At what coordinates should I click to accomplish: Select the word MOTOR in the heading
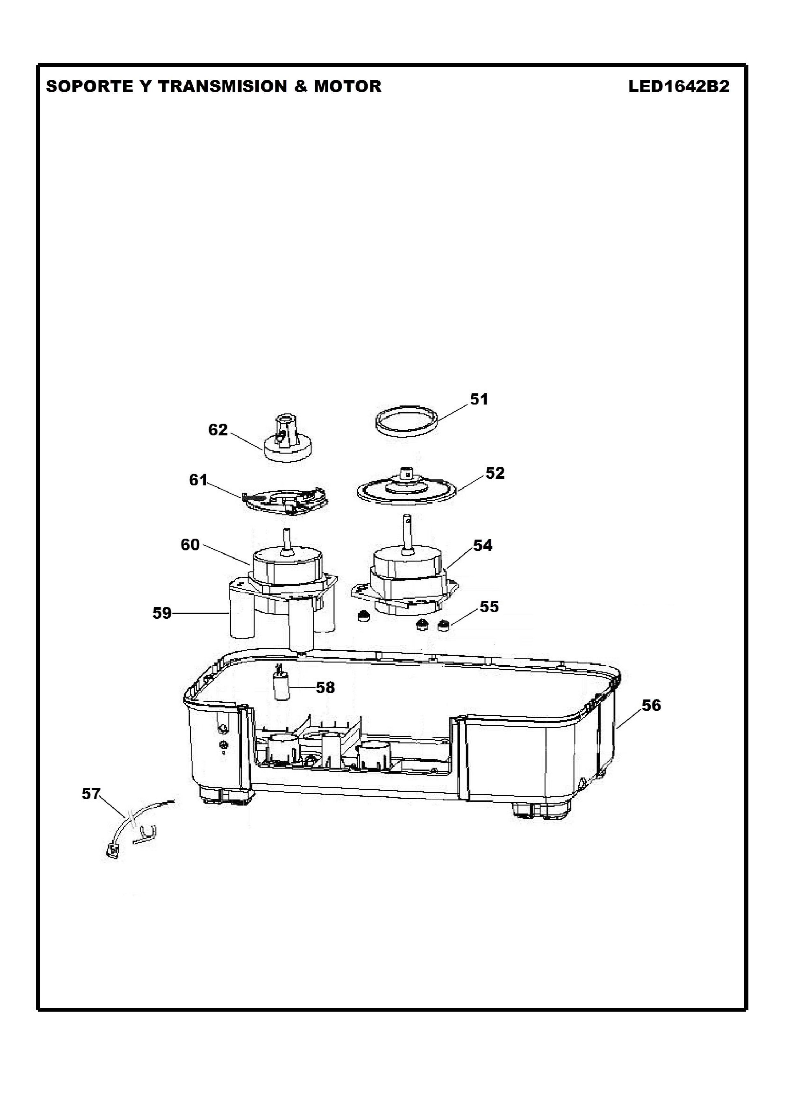[x=347, y=86]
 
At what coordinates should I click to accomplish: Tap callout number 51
[x=479, y=399]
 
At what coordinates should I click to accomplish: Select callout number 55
[x=489, y=607]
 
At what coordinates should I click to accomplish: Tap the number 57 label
[x=91, y=794]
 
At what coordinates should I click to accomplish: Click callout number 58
[x=325, y=687]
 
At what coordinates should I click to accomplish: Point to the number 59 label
[x=162, y=613]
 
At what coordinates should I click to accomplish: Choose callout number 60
[x=190, y=545]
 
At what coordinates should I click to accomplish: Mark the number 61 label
[x=198, y=480]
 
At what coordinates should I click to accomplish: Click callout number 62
[x=218, y=430]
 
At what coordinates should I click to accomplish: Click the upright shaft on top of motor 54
[x=406, y=532]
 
